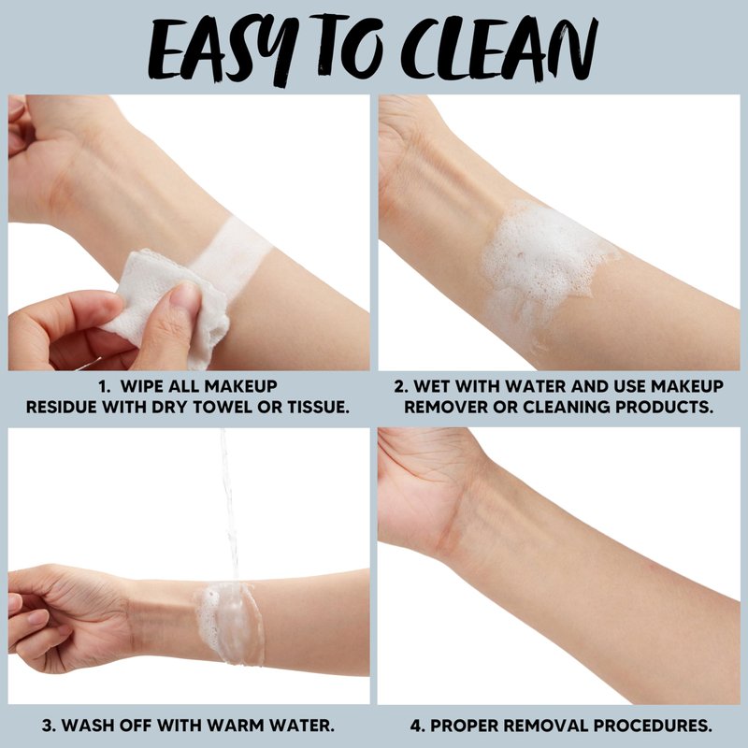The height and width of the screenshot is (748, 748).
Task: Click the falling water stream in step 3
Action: (x=230, y=506)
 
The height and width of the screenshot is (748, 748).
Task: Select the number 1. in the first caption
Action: (x=105, y=386)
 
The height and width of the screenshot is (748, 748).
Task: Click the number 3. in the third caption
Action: (x=50, y=726)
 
